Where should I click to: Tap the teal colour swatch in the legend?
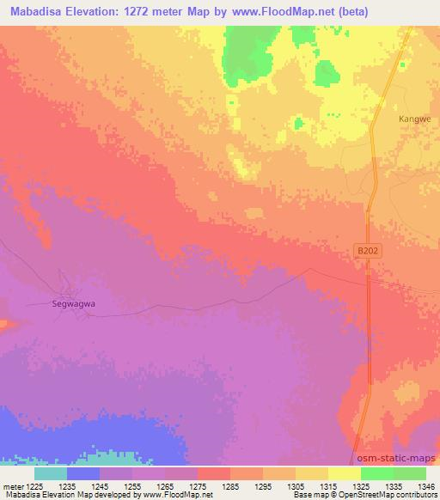click(x=50, y=473)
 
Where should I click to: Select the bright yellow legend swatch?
click(x=344, y=473)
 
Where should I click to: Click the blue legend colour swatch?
click(x=82, y=473)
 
